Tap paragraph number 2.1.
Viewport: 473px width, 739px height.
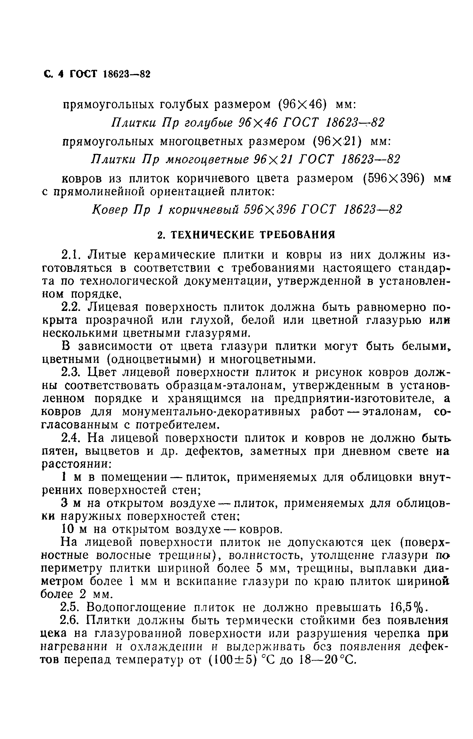pos(71,255)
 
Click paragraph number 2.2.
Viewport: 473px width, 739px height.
pos(71,307)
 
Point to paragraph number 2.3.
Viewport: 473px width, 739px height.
pos(71,372)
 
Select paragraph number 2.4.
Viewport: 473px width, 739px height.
pos(71,438)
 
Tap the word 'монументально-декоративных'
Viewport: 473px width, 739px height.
pos(211,412)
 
